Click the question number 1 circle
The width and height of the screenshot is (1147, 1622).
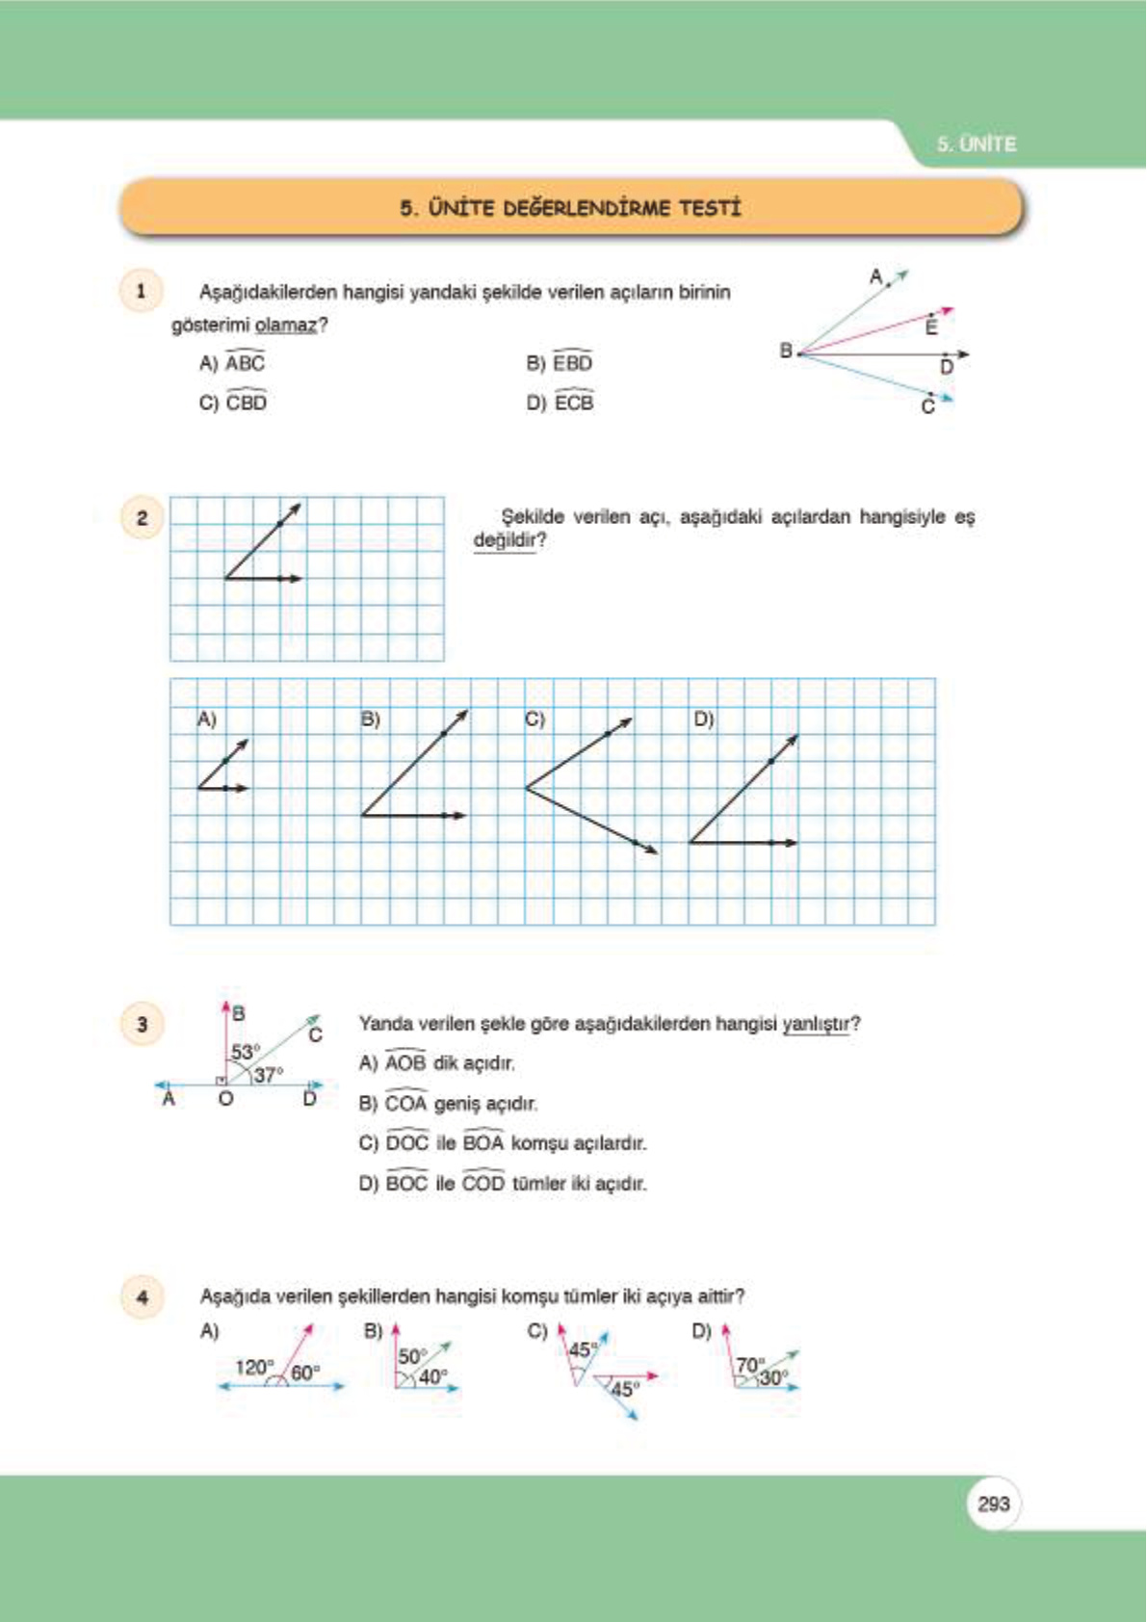click(x=142, y=291)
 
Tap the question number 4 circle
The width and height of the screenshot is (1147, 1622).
click(x=143, y=1296)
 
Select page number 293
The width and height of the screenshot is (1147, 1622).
click(x=993, y=1504)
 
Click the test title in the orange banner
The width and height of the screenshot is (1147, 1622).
click(x=571, y=208)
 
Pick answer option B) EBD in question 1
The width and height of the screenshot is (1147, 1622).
click(x=560, y=363)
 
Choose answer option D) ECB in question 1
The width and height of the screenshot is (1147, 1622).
click(x=560, y=403)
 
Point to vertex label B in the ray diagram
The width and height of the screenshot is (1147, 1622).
click(x=786, y=351)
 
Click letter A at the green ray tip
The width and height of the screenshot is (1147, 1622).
click(x=875, y=277)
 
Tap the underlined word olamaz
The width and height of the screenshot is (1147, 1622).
click(x=285, y=326)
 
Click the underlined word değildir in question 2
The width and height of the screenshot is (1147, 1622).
click(x=505, y=540)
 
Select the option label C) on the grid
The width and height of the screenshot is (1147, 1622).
click(x=534, y=719)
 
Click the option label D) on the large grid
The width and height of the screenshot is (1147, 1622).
click(x=703, y=719)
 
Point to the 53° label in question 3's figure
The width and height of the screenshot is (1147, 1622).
click(x=245, y=1052)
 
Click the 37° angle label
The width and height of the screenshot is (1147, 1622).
click(x=269, y=1074)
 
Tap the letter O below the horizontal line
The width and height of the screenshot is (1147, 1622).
click(x=225, y=1099)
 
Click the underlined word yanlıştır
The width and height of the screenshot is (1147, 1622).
click(x=817, y=1024)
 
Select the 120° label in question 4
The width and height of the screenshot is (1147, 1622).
click(x=254, y=1367)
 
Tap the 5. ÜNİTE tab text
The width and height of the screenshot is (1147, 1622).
click(x=977, y=144)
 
